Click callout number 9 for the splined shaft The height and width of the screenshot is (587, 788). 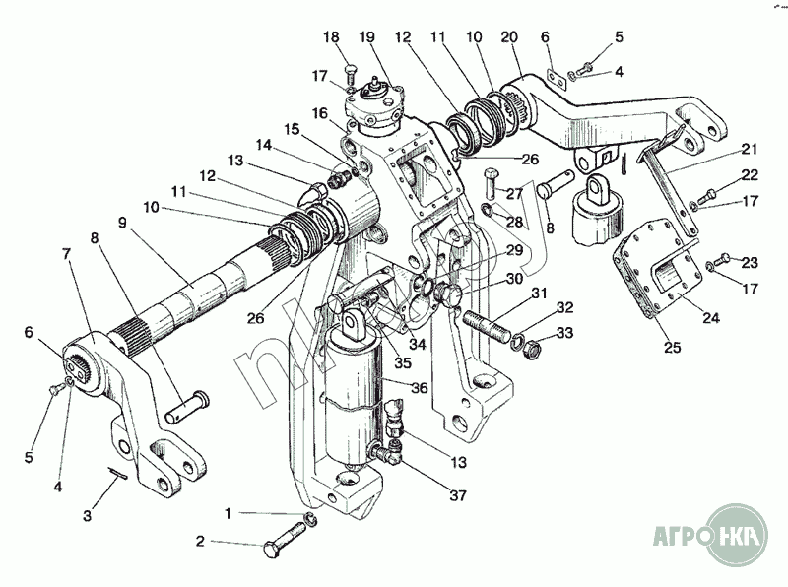122,222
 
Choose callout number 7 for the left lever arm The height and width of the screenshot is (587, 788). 66,254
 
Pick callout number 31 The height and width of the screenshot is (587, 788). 538,293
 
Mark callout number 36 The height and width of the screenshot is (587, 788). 418,388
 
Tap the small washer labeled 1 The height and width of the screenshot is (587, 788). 309,519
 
